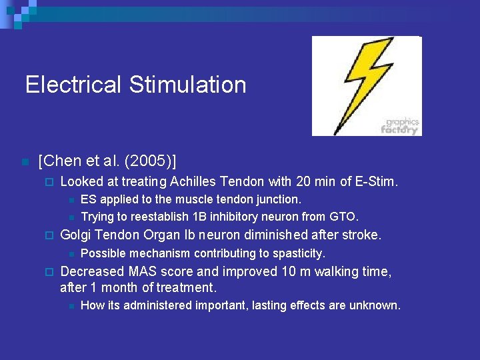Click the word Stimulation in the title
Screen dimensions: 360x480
coord(188,85)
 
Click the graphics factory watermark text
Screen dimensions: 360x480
coord(400,126)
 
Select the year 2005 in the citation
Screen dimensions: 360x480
coord(151,161)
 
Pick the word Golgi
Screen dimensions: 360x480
coord(75,235)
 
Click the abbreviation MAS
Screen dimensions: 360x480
coord(143,271)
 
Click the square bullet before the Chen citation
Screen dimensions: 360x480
coord(24,162)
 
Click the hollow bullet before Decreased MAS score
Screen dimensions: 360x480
coord(47,272)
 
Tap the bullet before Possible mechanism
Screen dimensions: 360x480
coord(70,254)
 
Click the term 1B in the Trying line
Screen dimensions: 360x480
coord(199,216)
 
